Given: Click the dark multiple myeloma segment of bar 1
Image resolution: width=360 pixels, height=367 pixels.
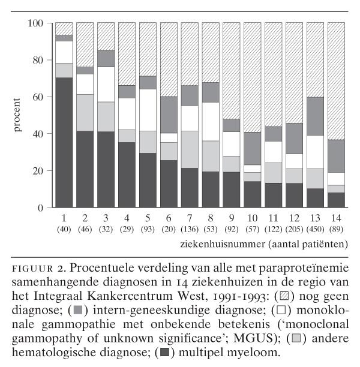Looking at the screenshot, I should coord(64,143).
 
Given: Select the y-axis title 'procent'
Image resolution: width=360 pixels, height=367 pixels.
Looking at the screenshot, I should coord(19,116).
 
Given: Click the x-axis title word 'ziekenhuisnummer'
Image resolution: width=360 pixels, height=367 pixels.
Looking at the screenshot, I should coord(216,244).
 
